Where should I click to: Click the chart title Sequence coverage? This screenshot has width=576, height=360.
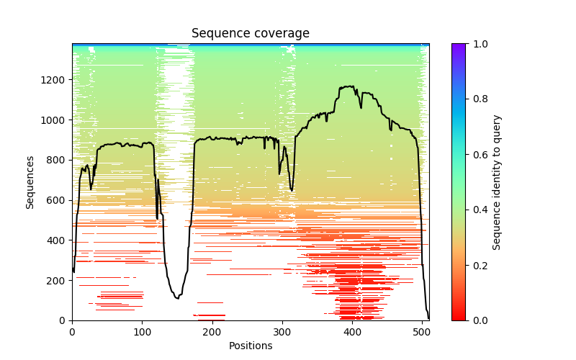(x=251, y=34)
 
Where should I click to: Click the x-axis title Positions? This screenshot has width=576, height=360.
(x=251, y=346)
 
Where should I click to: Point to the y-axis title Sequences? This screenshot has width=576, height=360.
(x=30, y=182)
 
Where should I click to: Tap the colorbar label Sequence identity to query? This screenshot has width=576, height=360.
(x=497, y=182)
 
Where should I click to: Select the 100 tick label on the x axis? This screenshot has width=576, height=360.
(x=142, y=332)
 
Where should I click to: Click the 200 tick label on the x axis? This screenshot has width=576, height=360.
(x=212, y=332)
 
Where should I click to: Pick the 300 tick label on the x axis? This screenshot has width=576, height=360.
(x=282, y=332)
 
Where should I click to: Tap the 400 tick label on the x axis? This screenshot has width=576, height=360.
(x=352, y=332)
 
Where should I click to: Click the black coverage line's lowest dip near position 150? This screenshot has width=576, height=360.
(x=177, y=298)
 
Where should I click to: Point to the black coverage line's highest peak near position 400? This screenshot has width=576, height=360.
(x=351, y=86)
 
